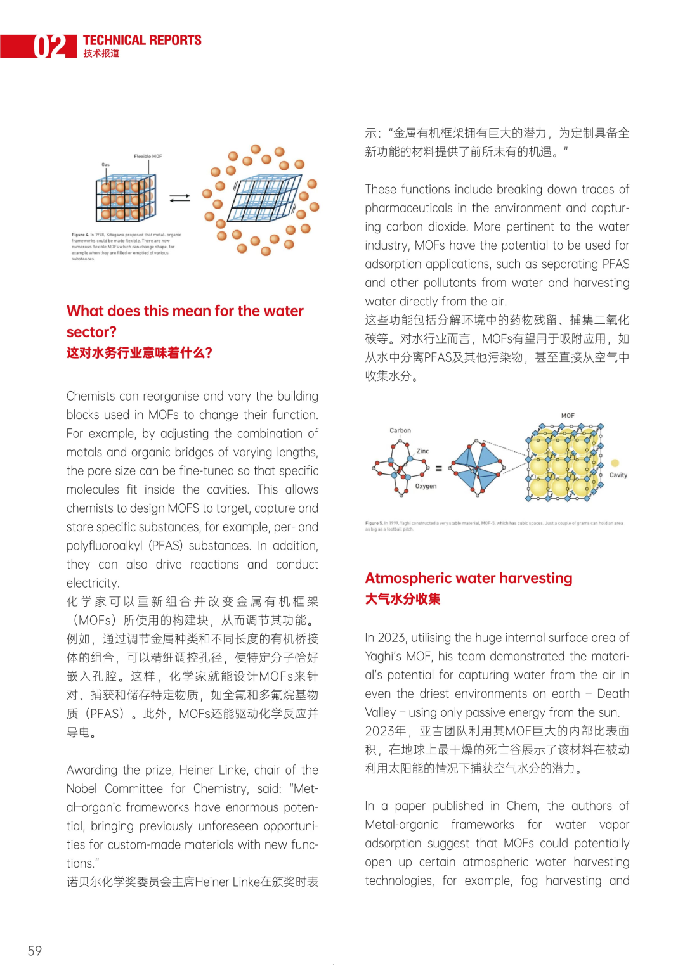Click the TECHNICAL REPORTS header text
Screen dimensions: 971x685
pos(142,41)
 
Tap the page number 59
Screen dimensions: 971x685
pos(35,950)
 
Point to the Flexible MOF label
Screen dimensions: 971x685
pos(148,156)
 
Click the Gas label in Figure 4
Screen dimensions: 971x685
pos(106,165)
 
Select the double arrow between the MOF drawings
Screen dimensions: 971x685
pos(179,198)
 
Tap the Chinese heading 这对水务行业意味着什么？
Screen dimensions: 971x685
pos(140,353)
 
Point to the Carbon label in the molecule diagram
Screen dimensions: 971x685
pos(400,430)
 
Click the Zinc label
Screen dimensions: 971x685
pos(422,451)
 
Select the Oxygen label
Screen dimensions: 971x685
pos(426,486)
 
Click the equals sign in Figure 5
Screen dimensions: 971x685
pos(438,468)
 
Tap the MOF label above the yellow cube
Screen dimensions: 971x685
pos(568,416)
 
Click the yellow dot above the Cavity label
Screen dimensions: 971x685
pos(615,463)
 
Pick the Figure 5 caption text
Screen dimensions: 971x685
pos(493,526)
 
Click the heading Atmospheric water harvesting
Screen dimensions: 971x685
pos(469,578)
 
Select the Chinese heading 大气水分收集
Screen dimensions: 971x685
pos(403,599)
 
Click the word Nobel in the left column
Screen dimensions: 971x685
pos(82,788)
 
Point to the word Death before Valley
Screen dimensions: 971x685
pos(613,693)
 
